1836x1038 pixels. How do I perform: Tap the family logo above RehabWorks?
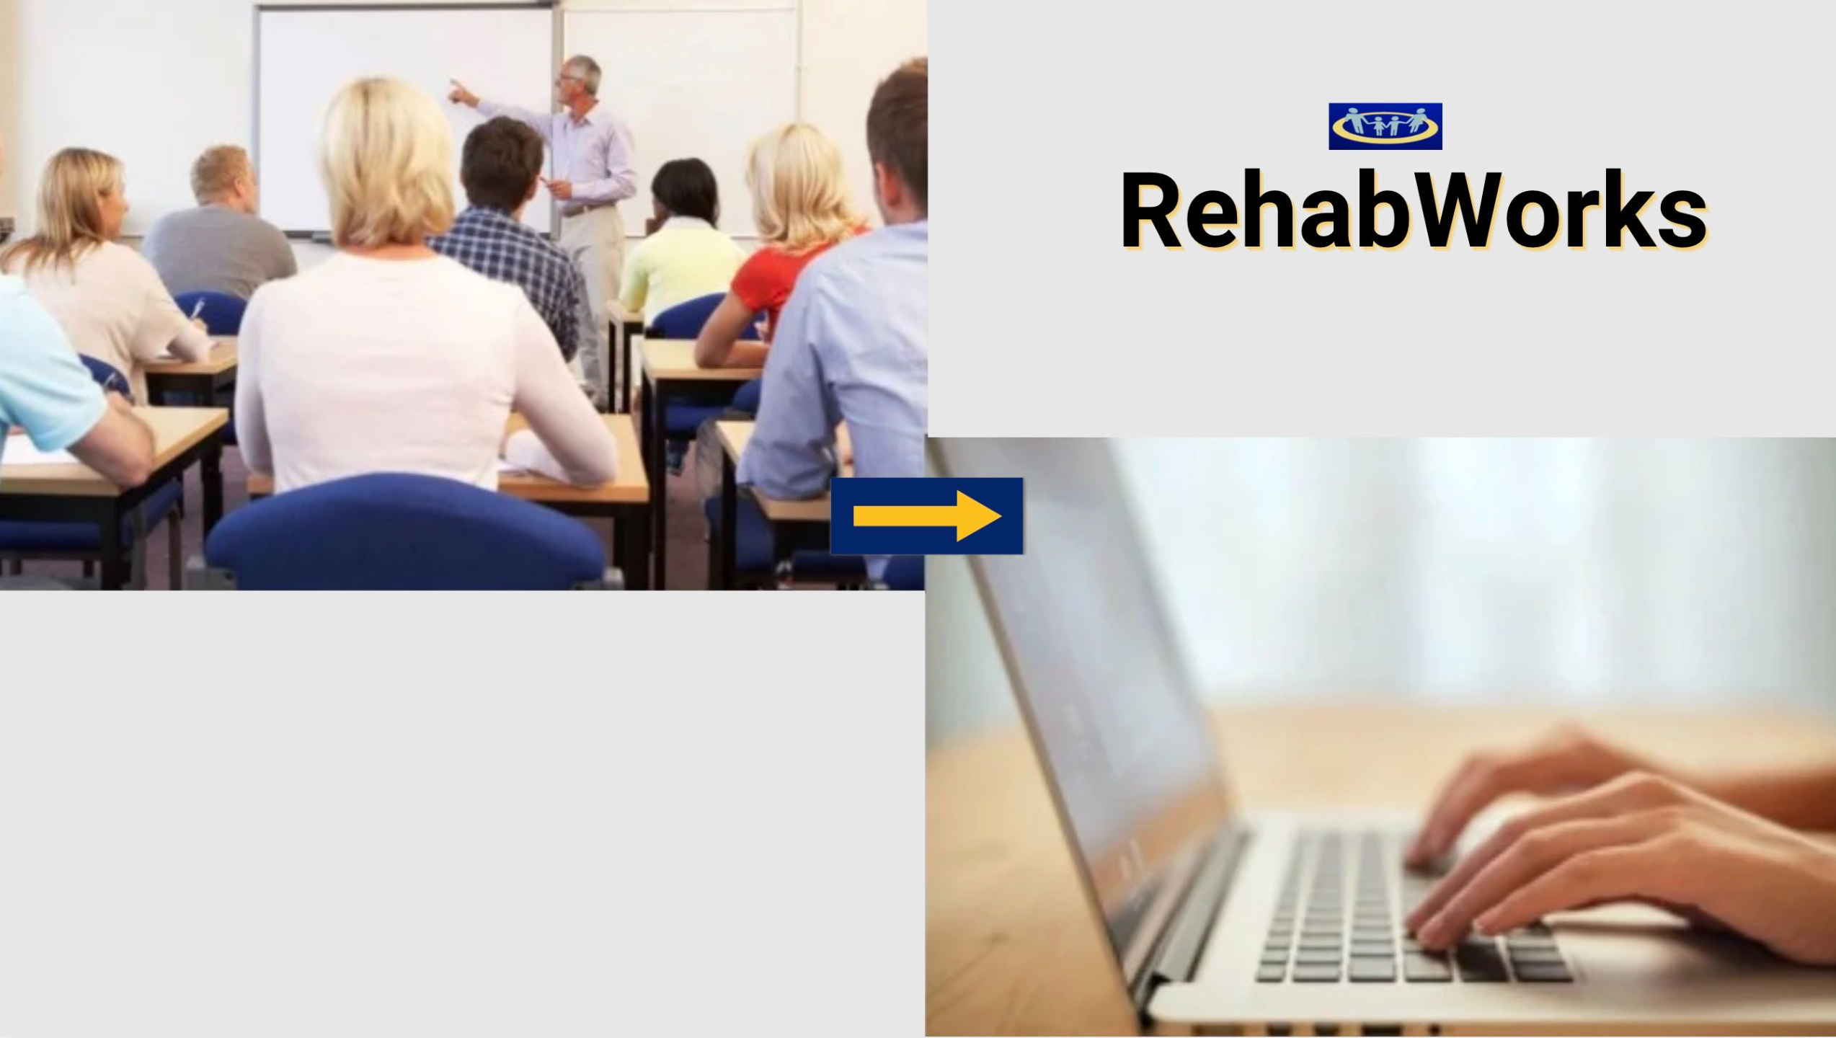click(1385, 126)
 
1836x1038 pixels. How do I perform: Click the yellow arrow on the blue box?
click(927, 515)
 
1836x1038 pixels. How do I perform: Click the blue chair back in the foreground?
click(404, 533)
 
